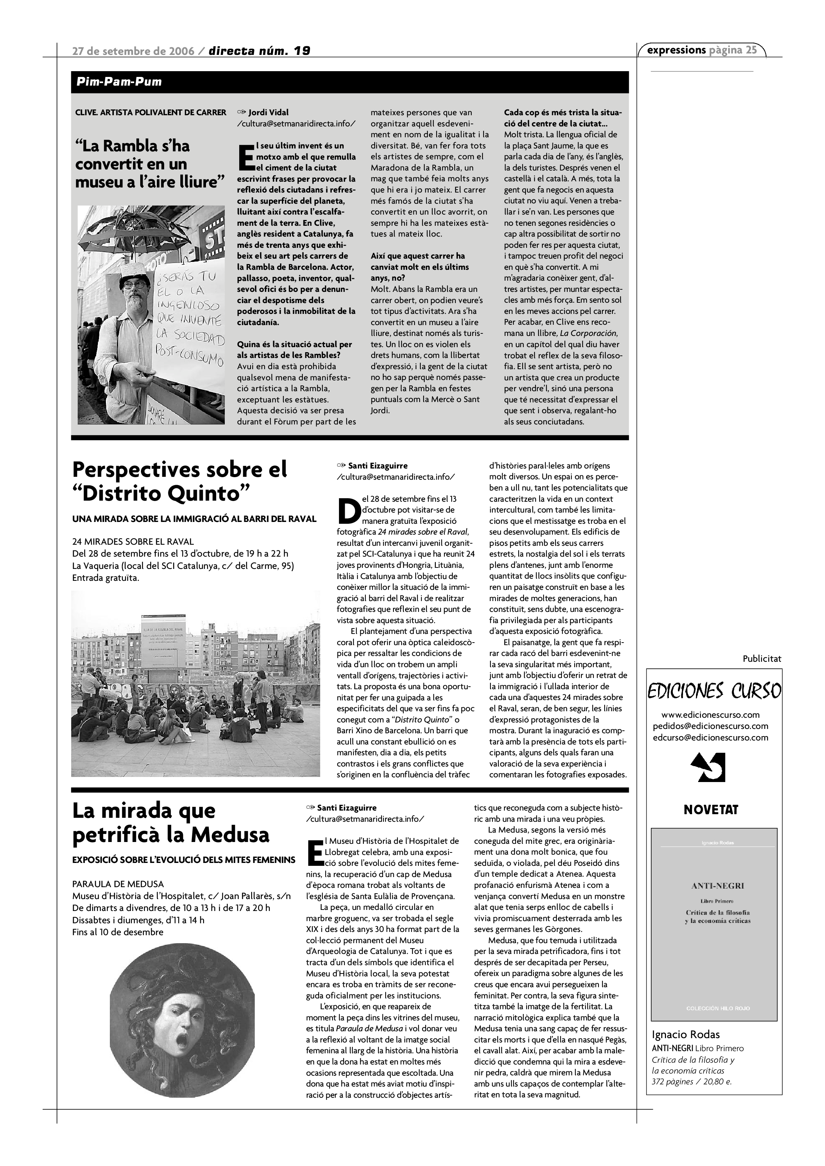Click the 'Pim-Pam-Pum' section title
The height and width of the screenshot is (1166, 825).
(x=119, y=82)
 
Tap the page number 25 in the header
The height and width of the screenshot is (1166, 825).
(x=751, y=50)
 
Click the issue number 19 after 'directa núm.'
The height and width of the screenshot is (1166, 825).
(x=302, y=51)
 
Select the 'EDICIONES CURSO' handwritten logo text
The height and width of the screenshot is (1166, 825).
(x=714, y=691)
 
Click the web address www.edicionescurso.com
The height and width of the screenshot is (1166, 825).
(x=710, y=715)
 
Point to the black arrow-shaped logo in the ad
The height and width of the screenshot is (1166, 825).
(x=710, y=767)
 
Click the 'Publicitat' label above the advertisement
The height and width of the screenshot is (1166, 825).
(x=761, y=658)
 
